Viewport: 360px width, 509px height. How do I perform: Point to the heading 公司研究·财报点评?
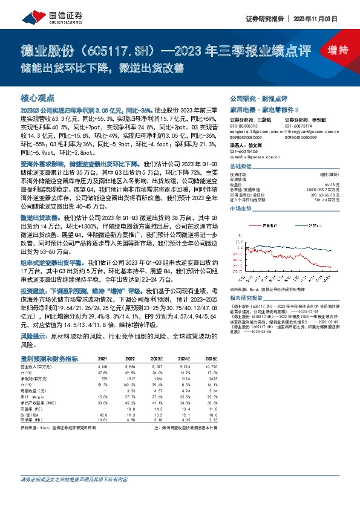pyautogui.click(x=258, y=98)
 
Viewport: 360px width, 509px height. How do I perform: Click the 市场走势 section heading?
pyautogui.click(x=240, y=207)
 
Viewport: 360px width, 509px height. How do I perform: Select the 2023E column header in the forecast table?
pyautogui.click(x=159, y=358)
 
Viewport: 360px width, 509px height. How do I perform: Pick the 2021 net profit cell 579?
pyautogui.click(x=103, y=378)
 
